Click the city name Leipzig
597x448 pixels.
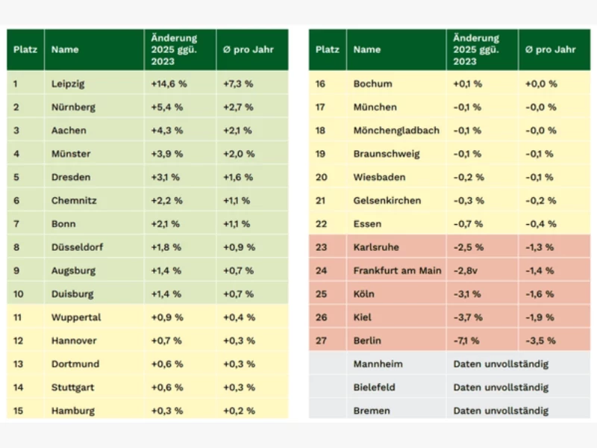(68, 84)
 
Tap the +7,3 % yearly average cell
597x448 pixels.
(239, 84)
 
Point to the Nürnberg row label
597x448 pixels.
(73, 107)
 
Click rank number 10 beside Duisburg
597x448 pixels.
(18, 294)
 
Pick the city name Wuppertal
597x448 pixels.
(76, 317)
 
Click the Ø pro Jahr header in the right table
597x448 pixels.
(551, 50)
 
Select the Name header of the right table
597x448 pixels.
(366, 50)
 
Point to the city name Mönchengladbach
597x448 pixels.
(396, 131)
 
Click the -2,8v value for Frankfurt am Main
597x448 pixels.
(466, 270)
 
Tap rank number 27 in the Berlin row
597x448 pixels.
(321, 340)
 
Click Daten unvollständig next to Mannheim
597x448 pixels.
(501, 364)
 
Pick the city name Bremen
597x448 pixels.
(372, 411)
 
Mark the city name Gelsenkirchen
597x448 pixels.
(387, 201)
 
